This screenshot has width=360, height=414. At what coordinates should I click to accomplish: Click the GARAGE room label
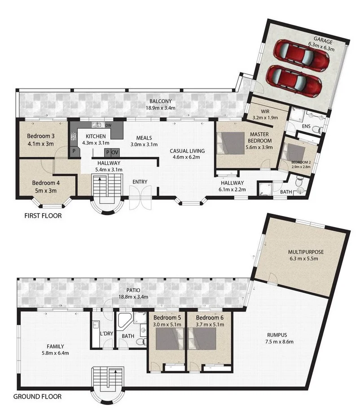[323, 41]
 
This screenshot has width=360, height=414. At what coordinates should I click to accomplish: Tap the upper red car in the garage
[301, 55]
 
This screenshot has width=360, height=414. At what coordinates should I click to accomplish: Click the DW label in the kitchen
[108, 125]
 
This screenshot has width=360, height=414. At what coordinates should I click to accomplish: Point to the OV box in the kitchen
[115, 152]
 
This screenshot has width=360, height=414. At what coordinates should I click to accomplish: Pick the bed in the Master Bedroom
[230, 143]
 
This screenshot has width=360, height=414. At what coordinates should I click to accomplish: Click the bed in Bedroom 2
[294, 152]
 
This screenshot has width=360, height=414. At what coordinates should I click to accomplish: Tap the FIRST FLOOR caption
[43, 216]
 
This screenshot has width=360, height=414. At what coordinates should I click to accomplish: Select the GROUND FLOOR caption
[37, 396]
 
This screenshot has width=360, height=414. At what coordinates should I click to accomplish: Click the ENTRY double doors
[140, 198]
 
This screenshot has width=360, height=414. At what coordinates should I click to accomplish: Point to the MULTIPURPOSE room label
[306, 252]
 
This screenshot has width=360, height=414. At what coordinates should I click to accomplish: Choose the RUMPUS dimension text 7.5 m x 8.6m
[279, 341]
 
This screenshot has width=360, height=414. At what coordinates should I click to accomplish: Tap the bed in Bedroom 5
[169, 339]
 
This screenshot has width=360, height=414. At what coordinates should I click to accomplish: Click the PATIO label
[133, 290]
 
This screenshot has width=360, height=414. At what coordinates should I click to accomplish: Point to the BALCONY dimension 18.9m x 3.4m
[160, 108]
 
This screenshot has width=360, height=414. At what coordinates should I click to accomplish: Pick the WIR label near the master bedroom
[265, 111]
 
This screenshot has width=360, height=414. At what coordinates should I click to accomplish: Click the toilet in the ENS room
[317, 129]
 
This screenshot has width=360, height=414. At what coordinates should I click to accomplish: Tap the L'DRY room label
[106, 334]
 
